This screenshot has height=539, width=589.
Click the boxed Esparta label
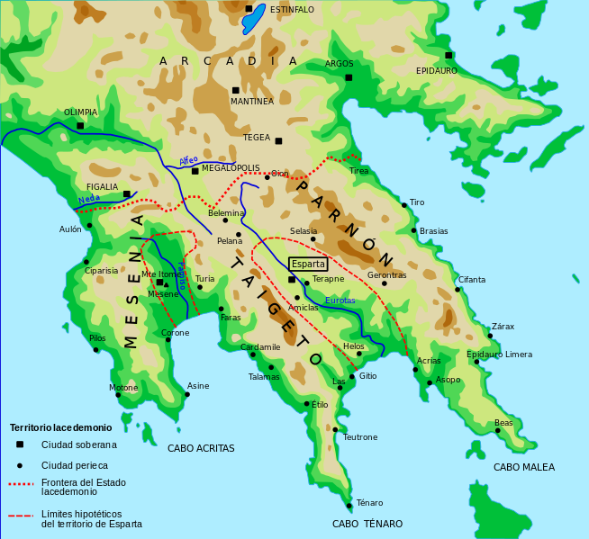click(x=308, y=265)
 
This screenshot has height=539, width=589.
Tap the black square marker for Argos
click(x=349, y=77)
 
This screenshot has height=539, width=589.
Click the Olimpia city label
click(x=80, y=112)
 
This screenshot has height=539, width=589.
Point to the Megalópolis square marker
click(x=195, y=171)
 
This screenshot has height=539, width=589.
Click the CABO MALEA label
click(x=523, y=467)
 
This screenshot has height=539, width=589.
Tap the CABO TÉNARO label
click(x=367, y=524)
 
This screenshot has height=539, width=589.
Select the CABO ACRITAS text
click(x=201, y=448)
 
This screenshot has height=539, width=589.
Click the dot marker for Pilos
click(x=95, y=350)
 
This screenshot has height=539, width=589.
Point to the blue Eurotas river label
click(x=340, y=301)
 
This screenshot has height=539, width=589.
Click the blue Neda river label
click(x=88, y=199)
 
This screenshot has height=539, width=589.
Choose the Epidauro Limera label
click(x=499, y=355)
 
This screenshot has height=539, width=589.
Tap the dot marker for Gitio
click(x=352, y=377)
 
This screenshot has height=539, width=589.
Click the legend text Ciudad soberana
click(x=79, y=445)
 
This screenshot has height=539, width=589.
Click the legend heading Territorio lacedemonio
click(x=60, y=428)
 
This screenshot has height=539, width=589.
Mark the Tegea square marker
click(x=278, y=140)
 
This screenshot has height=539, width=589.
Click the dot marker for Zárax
click(x=490, y=336)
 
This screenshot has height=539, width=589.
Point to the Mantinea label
click(x=252, y=102)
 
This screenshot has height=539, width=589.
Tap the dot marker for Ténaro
click(x=349, y=506)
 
